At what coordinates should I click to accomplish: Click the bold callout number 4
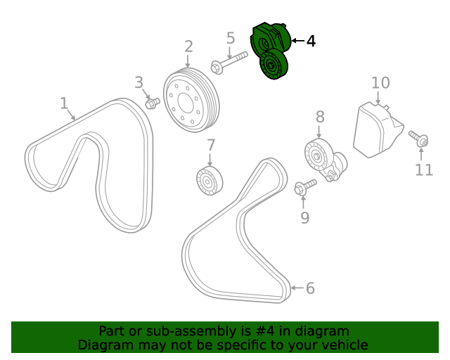tap(311, 41)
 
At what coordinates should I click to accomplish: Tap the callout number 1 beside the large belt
tap(64, 103)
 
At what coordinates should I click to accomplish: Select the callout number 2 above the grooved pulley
tap(188, 46)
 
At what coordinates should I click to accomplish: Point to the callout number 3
tap(139, 82)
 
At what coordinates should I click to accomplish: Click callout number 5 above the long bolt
tap(231, 38)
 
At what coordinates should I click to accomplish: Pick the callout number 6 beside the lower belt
tap(310, 288)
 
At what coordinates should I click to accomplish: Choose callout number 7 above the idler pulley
tap(211, 146)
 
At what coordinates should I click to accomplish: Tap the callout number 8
tap(320, 117)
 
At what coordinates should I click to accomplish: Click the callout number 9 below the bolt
tap(304, 217)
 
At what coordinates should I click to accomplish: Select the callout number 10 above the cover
tap(380, 83)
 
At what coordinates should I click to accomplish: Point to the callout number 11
tap(424, 170)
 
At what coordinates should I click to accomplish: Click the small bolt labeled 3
tap(153, 103)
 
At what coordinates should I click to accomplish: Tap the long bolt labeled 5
tap(229, 63)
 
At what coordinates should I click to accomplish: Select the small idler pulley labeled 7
tap(210, 181)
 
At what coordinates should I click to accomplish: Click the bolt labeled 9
tap(305, 187)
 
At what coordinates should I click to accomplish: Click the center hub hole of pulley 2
tap(185, 101)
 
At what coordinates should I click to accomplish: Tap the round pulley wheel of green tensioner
tap(274, 65)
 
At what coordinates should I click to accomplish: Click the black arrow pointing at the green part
tap(298, 41)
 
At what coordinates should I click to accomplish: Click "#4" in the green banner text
tap(265, 331)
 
